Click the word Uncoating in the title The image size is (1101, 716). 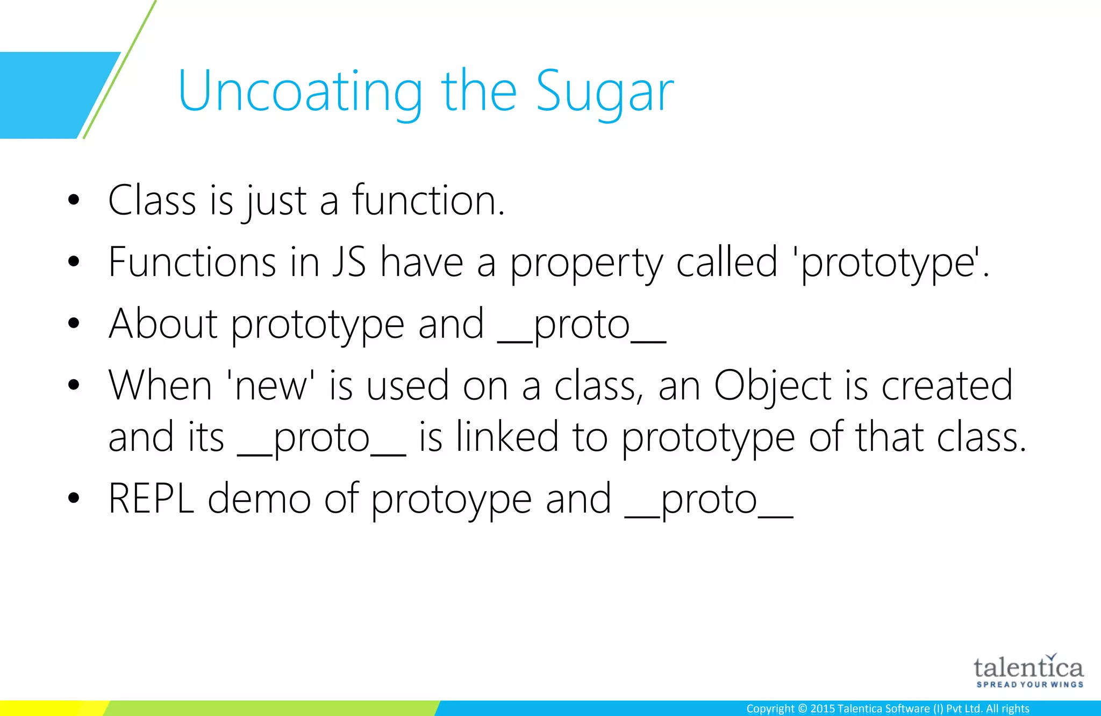[300, 91]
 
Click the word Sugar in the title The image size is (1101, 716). [605, 91]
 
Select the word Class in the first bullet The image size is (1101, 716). [152, 200]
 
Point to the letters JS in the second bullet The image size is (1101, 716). [349, 262]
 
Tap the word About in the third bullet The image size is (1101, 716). [163, 324]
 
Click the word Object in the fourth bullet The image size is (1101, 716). [773, 386]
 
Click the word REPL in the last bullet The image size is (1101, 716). [151, 499]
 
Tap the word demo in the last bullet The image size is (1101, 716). [259, 499]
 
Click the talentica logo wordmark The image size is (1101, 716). [1028, 668]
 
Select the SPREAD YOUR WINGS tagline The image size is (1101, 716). [1029, 684]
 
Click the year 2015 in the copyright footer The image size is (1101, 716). [822, 708]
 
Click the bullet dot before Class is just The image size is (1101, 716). [74, 200]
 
